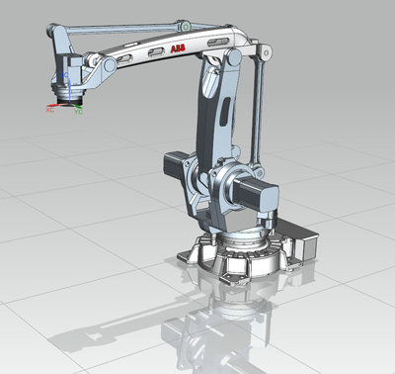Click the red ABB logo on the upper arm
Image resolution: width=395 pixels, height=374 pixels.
[175, 47]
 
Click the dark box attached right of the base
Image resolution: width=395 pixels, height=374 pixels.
[301, 243]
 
